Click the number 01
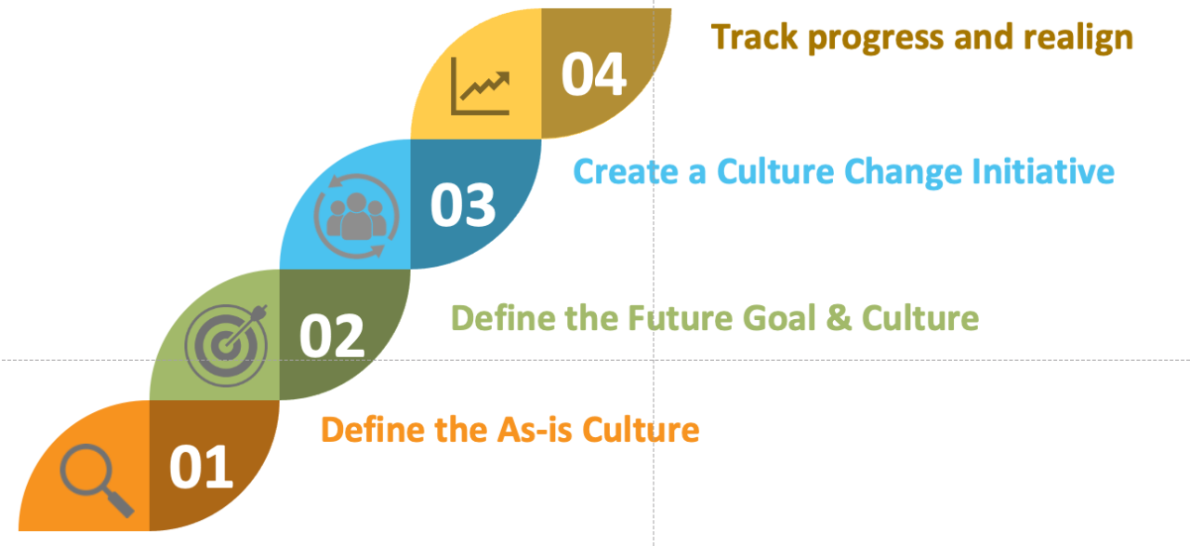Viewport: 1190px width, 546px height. tap(201, 468)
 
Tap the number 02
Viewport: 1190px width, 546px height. tap(331, 336)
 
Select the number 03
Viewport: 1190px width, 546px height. tap(462, 205)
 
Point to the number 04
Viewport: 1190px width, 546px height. tap(594, 74)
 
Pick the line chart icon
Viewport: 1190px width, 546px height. tap(481, 86)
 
